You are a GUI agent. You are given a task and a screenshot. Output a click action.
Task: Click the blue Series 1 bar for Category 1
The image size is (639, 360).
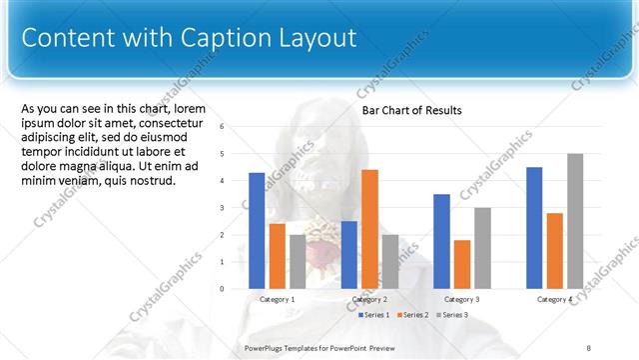[x=257, y=230]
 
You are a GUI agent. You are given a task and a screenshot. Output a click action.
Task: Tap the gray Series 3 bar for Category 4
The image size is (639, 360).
[x=575, y=221]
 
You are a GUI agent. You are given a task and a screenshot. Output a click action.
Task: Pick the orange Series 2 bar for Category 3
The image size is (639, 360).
[x=462, y=264]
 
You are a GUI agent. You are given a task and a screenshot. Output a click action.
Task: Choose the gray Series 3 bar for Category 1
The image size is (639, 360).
[x=298, y=261]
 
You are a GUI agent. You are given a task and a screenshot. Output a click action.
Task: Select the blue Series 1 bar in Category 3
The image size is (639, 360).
[x=442, y=241]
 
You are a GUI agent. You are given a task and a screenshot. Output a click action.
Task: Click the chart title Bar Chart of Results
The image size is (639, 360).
[x=411, y=111]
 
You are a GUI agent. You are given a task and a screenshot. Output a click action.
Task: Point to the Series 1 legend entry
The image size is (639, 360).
[x=375, y=315]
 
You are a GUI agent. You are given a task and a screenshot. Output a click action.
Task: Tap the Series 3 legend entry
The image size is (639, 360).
[x=453, y=315]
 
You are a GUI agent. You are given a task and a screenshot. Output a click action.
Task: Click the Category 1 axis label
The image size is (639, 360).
[x=277, y=299]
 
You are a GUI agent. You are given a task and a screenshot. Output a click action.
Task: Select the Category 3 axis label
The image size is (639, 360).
[x=462, y=299]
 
